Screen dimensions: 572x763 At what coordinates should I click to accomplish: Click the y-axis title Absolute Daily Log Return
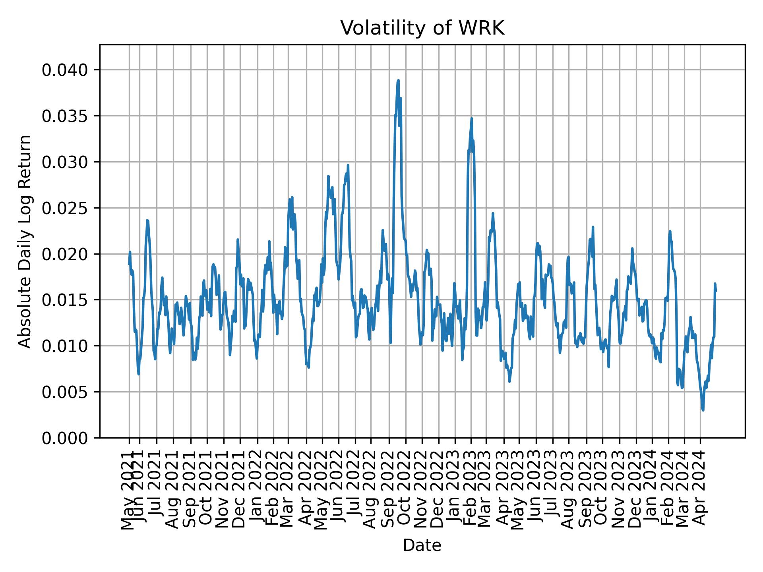25,241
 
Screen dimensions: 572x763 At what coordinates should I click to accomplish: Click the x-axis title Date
422,546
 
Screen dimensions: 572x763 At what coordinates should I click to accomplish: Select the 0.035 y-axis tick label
65,116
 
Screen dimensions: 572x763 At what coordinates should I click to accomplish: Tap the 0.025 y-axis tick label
65,208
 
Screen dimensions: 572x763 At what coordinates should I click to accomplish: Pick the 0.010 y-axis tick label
65,346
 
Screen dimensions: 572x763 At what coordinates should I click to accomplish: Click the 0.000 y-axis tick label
65,438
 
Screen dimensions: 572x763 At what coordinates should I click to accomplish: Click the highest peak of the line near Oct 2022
398,81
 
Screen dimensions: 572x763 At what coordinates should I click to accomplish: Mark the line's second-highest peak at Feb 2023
471,118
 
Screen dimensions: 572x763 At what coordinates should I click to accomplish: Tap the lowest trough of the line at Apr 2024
703,410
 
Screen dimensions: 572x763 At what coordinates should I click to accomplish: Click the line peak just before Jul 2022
348,165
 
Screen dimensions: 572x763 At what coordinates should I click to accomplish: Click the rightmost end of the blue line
716,291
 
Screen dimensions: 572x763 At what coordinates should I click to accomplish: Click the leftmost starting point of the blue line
129,264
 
